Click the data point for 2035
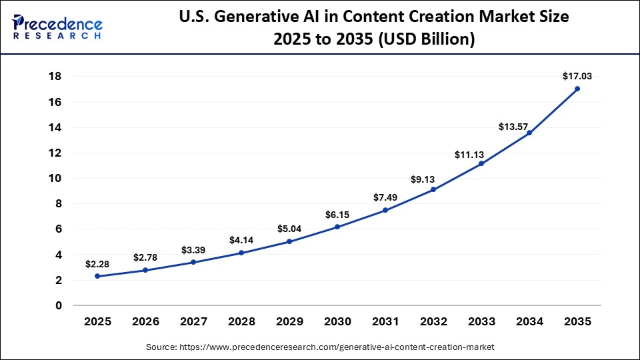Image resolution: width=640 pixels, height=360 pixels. coord(577,89)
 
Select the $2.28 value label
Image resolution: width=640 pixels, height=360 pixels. coord(97,264)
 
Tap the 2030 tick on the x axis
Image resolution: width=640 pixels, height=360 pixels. coord(337,321)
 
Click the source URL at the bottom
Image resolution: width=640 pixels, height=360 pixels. coord(320,347)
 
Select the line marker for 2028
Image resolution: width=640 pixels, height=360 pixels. coord(241,253)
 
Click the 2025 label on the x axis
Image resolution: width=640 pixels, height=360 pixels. coord(97,321)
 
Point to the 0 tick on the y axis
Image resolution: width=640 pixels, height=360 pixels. coord(59,305)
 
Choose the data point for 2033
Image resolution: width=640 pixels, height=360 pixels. coord(481,163)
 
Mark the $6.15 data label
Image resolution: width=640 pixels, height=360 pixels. coord(337,215)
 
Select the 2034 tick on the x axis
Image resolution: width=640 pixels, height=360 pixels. coord(529,321)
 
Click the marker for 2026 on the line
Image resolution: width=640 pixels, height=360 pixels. coord(145,270)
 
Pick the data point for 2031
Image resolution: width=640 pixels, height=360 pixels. coord(385,210)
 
